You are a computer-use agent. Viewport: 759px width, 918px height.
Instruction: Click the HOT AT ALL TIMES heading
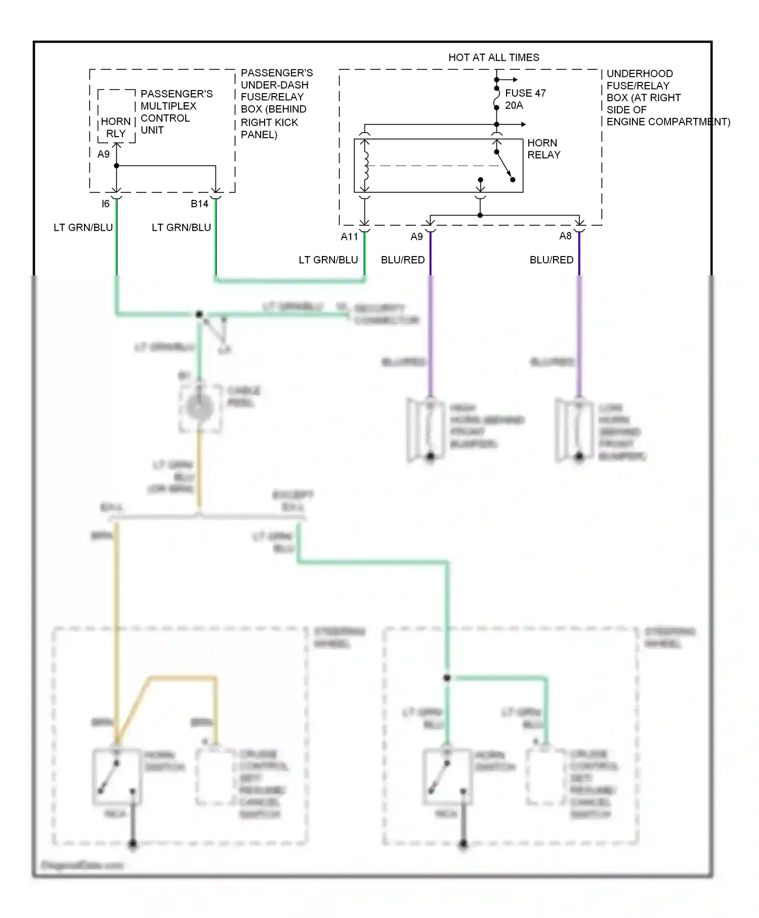(x=493, y=58)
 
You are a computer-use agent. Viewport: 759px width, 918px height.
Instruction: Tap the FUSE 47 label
(x=525, y=93)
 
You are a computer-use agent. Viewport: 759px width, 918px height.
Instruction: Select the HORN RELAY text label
(x=543, y=149)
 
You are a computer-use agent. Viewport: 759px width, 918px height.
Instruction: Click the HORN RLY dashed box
(x=116, y=116)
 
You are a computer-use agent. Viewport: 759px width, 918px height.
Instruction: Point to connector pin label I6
(x=105, y=204)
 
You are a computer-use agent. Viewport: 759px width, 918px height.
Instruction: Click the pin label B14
(x=199, y=204)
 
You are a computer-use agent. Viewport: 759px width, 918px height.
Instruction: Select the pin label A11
(x=349, y=236)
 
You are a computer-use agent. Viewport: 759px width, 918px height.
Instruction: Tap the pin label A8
(x=565, y=236)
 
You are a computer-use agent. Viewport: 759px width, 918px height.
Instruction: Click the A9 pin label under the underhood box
(x=416, y=236)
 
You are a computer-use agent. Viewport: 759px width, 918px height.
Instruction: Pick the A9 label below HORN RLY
(x=103, y=154)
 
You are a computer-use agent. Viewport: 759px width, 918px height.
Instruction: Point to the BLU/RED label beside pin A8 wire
(x=552, y=260)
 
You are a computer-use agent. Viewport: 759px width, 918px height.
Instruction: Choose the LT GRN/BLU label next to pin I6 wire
(x=83, y=228)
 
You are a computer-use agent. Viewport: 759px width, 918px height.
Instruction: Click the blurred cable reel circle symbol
(x=199, y=408)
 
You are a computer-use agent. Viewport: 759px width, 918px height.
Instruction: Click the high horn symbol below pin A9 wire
(x=425, y=430)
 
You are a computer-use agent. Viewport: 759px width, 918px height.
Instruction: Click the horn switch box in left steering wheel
(x=116, y=777)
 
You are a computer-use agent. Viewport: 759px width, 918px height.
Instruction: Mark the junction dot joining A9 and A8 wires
(x=480, y=216)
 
